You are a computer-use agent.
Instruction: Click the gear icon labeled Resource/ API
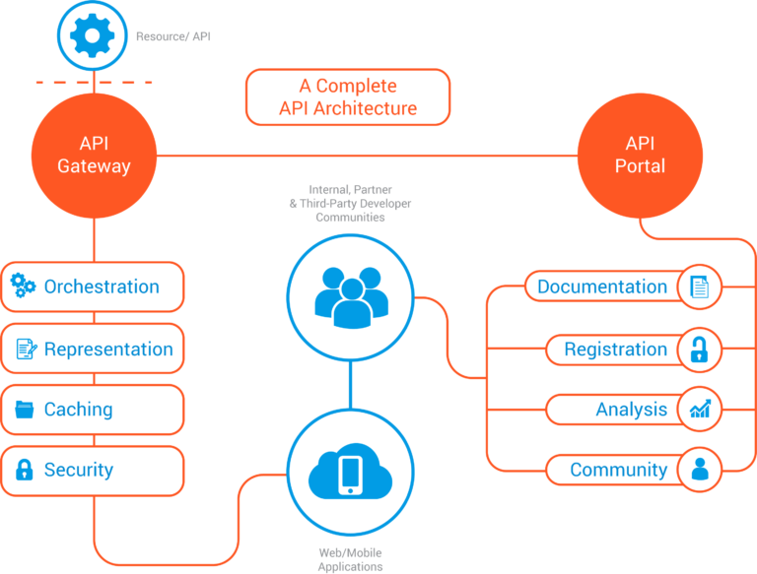[93, 35]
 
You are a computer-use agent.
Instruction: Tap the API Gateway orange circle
[95, 156]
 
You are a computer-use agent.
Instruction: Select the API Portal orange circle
[640, 156]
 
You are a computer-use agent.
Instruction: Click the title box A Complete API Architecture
[348, 96]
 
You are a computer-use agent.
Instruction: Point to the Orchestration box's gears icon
[23, 286]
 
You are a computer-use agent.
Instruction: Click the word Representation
[108, 349]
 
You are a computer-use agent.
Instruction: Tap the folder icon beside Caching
[24, 410]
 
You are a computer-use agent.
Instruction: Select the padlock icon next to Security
[24, 470]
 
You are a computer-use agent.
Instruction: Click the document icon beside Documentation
[699, 287]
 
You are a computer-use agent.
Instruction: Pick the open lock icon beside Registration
[699, 350]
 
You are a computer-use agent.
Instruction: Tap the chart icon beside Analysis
[700, 409]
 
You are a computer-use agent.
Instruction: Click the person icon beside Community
[700, 469]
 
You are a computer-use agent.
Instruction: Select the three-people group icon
[351, 297]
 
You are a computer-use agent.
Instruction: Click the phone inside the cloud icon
[351, 476]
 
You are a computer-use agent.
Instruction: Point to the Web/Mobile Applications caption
[351, 559]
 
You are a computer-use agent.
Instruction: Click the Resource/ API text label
[173, 36]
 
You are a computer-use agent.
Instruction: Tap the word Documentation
[602, 287]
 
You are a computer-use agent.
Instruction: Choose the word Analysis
[632, 410]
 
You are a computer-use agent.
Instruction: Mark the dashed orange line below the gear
[95, 83]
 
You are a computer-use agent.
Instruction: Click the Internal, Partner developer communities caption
[351, 203]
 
